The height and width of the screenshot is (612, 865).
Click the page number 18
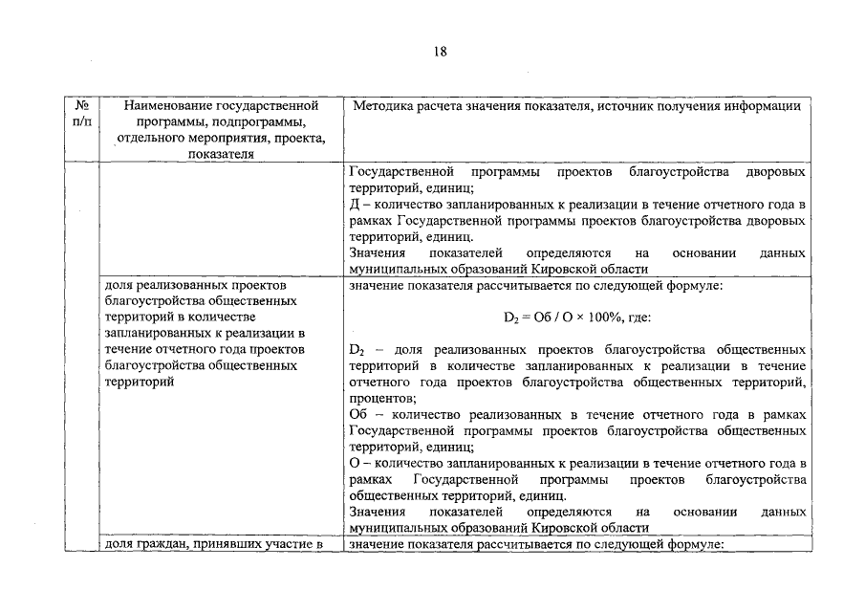point(440,51)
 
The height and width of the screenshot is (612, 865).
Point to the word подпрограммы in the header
point(258,122)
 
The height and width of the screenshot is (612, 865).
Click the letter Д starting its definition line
point(355,206)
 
